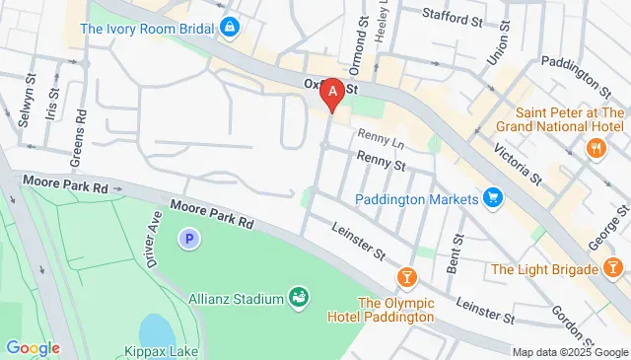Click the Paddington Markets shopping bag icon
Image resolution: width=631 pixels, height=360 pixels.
pyautogui.click(x=494, y=199)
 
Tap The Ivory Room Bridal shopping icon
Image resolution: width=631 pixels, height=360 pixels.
pyautogui.click(x=230, y=27)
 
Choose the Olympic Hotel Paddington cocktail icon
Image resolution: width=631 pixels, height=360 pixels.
pyautogui.click(x=405, y=274)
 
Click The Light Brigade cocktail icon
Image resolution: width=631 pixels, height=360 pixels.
pyautogui.click(x=613, y=268)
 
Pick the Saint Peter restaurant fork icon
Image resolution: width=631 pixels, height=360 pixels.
pyautogui.click(x=596, y=148)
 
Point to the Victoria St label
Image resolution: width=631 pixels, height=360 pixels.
pyautogui.click(x=523, y=164)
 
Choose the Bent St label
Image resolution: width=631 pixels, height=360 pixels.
pyautogui.click(x=456, y=254)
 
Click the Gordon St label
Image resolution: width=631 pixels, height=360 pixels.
pyautogui.click(x=569, y=317)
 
